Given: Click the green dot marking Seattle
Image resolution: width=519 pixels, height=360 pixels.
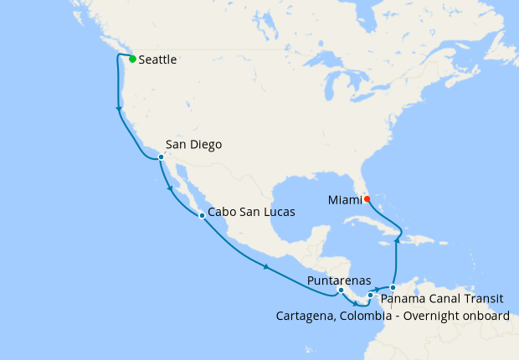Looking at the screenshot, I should point(132,59).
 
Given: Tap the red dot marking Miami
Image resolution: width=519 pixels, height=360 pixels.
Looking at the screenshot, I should point(367,198).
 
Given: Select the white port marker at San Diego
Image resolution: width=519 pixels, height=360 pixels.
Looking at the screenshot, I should point(160,157).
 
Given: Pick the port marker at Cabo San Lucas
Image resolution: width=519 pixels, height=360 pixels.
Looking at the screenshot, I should point(202,216).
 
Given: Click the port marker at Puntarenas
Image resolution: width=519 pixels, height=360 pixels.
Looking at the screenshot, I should point(341,291).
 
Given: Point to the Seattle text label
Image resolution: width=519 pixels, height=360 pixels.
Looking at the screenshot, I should point(158,60).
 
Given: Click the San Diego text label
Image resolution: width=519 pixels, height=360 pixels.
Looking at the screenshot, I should point(193,145).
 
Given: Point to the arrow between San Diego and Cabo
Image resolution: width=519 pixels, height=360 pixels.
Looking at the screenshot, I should point(171,188).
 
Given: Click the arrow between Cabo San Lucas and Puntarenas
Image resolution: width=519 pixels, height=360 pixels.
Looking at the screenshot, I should point(266,268).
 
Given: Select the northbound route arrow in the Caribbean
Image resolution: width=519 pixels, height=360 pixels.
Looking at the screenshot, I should point(397,239).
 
